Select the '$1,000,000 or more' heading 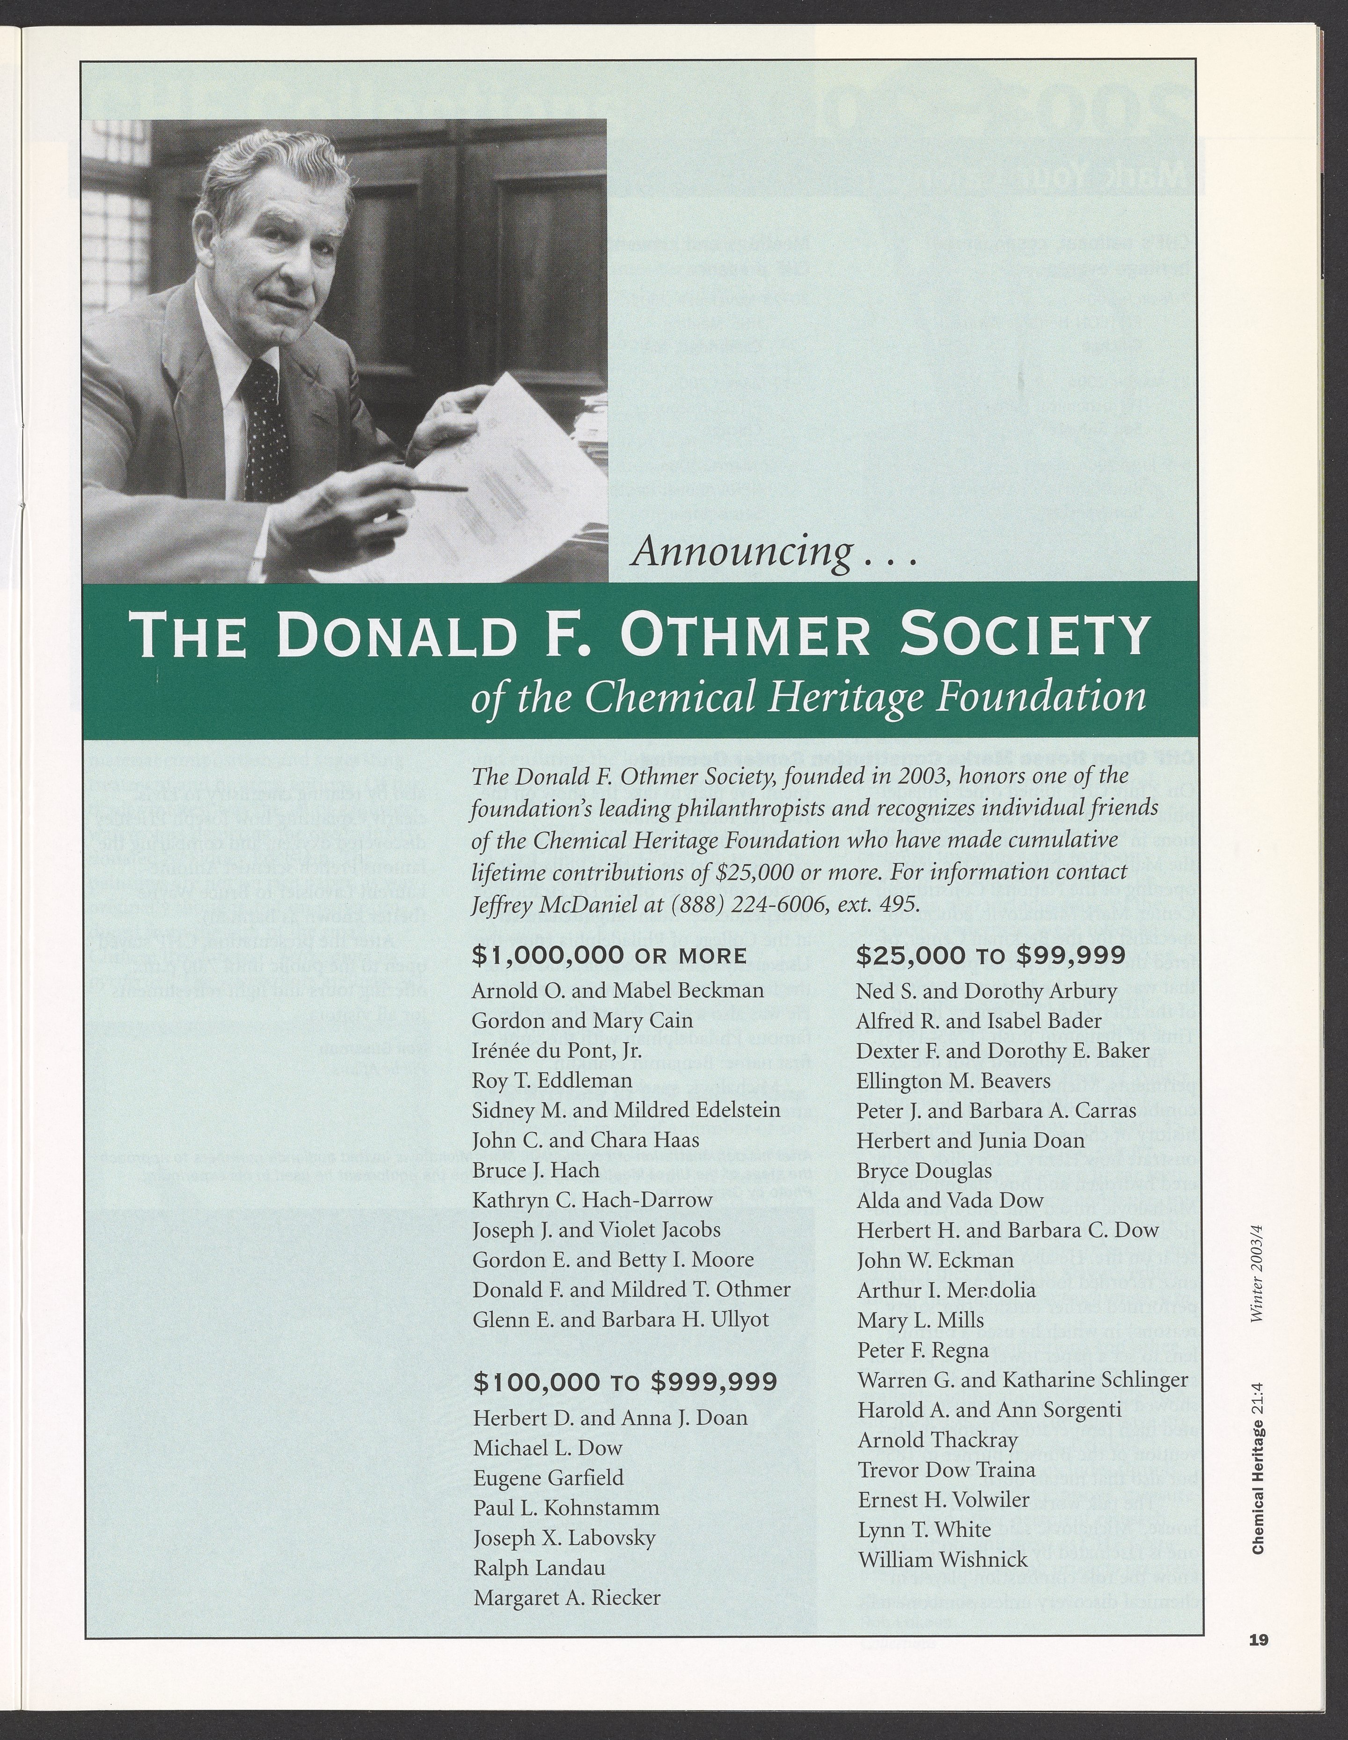point(609,955)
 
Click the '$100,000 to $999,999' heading point(625,1381)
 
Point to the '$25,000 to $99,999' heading point(990,955)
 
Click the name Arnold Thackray point(937,1440)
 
